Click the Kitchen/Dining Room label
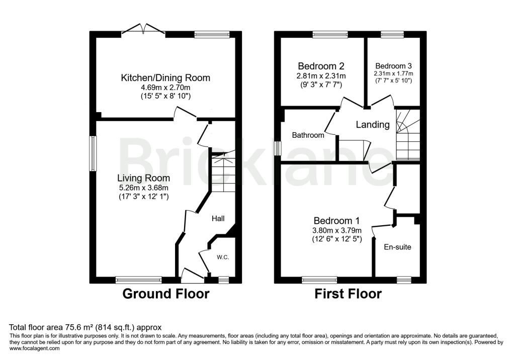[x=165, y=78]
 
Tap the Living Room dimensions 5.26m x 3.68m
[x=144, y=188]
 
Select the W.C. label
[x=223, y=257]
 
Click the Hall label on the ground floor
[x=218, y=218]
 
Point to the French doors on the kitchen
[x=143, y=29]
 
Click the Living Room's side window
[x=93, y=153]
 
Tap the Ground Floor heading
[x=166, y=294]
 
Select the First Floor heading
[x=348, y=294]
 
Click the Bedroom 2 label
[x=321, y=66]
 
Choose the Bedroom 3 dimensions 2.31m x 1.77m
[x=393, y=73]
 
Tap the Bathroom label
[x=308, y=135]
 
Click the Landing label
[x=373, y=125]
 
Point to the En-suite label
[x=397, y=247]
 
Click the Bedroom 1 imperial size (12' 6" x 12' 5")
[x=337, y=239]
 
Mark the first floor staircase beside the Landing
[x=408, y=135]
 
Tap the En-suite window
[x=404, y=280]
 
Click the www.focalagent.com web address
[x=35, y=348]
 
